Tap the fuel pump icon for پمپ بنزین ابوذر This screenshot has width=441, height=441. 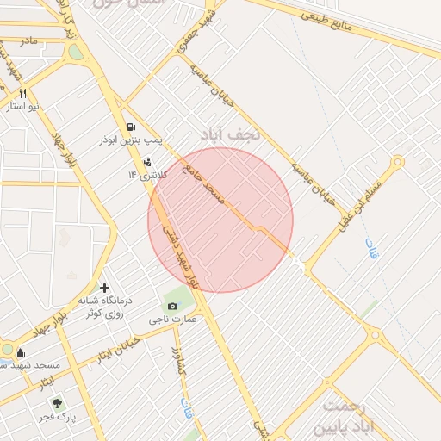tap(130, 126)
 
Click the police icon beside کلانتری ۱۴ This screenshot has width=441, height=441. tap(147, 161)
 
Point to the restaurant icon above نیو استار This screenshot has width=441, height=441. tap(23, 94)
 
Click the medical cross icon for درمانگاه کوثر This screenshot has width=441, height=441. tap(105, 288)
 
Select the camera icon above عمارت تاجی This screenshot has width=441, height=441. tap(172, 306)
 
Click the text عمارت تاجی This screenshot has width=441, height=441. tap(173, 320)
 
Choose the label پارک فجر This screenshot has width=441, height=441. tap(57, 417)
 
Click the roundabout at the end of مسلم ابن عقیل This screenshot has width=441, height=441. tap(397, 162)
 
